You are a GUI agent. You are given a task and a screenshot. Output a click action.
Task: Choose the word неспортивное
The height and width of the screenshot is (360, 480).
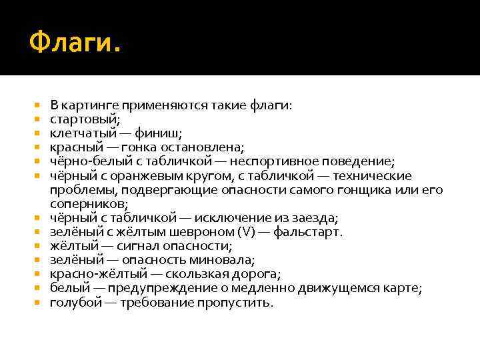tap(274, 161)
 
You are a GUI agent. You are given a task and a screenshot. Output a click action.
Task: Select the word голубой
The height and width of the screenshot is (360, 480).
tap(75, 303)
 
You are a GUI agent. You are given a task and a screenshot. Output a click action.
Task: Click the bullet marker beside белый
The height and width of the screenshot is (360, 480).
tap(37, 289)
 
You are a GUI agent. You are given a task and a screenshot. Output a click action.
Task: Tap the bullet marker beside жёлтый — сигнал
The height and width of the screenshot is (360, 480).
tap(37, 247)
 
